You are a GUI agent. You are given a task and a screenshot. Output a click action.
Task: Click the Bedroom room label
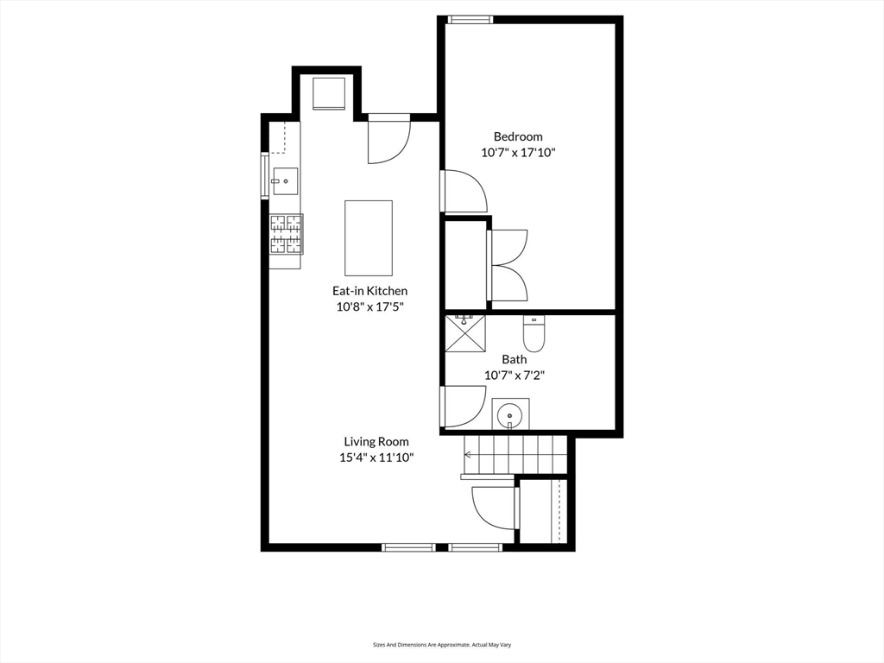click(x=518, y=136)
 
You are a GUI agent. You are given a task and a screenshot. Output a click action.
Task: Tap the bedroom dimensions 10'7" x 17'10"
click(x=518, y=152)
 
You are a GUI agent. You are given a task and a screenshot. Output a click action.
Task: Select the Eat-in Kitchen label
click(x=369, y=291)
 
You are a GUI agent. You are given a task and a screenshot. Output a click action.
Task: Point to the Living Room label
click(x=376, y=441)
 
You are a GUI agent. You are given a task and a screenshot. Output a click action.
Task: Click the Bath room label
click(x=515, y=359)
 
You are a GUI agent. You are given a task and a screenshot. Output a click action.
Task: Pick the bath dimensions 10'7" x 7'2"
click(x=515, y=375)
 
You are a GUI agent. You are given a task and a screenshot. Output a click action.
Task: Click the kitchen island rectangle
click(x=369, y=237)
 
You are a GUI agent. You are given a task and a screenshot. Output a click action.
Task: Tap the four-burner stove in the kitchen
click(x=286, y=235)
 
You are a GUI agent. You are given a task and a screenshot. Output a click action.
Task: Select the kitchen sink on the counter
click(x=285, y=181)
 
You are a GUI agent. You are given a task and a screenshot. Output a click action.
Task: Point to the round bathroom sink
click(x=510, y=415)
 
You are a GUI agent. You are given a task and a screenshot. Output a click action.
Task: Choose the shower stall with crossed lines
click(x=465, y=333)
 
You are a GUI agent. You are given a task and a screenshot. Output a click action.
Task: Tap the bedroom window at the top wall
click(x=470, y=20)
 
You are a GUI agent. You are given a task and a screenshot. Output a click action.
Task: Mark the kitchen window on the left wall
click(x=264, y=175)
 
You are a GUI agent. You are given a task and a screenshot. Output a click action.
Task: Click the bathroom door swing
click(x=464, y=407)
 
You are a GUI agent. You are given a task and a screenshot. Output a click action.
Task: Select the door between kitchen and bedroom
click(x=464, y=191)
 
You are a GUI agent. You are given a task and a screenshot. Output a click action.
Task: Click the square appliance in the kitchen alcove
click(x=329, y=93)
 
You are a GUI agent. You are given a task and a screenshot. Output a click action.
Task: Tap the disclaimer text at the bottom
click(x=442, y=644)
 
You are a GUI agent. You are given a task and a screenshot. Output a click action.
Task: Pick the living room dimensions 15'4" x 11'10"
click(x=376, y=458)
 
